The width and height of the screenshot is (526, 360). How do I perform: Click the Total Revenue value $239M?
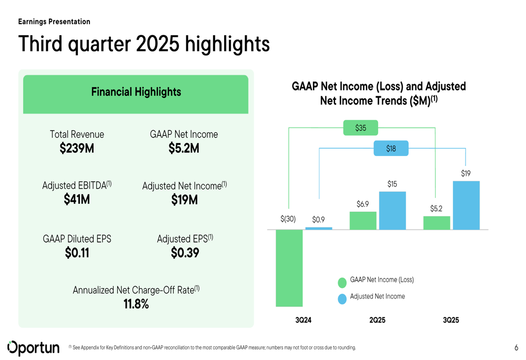pos(77,149)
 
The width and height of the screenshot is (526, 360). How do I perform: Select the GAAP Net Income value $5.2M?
pos(184,149)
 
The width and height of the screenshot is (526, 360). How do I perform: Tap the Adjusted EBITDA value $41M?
pos(77,200)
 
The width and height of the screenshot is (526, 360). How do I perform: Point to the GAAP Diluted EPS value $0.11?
pos(77,253)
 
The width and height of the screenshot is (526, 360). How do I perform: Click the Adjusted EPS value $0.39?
pos(185,253)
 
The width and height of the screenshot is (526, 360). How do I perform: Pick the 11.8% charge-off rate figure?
pos(136,304)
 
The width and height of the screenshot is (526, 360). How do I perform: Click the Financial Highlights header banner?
pos(136,92)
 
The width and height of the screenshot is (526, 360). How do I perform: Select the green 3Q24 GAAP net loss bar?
pos(289,268)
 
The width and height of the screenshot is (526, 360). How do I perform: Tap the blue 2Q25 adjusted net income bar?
pos(392,211)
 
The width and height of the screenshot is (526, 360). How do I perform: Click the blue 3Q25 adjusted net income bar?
pos(466,205)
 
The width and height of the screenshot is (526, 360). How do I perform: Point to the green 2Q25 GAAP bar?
pos(363,221)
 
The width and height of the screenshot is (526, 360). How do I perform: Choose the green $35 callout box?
pos(360,128)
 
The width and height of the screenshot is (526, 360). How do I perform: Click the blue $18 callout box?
pos(391,148)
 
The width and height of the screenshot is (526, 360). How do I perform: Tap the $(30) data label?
pos(288,219)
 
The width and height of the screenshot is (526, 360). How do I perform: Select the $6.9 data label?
pos(362,204)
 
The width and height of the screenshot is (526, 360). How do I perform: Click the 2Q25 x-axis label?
pos(377,320)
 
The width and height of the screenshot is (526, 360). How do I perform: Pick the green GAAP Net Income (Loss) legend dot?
pos(342,283)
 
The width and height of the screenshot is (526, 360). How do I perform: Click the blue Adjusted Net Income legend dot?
pos(342,299)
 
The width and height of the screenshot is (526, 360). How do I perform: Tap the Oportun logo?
pos(33,347)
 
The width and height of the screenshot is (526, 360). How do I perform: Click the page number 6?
pos(516,347)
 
